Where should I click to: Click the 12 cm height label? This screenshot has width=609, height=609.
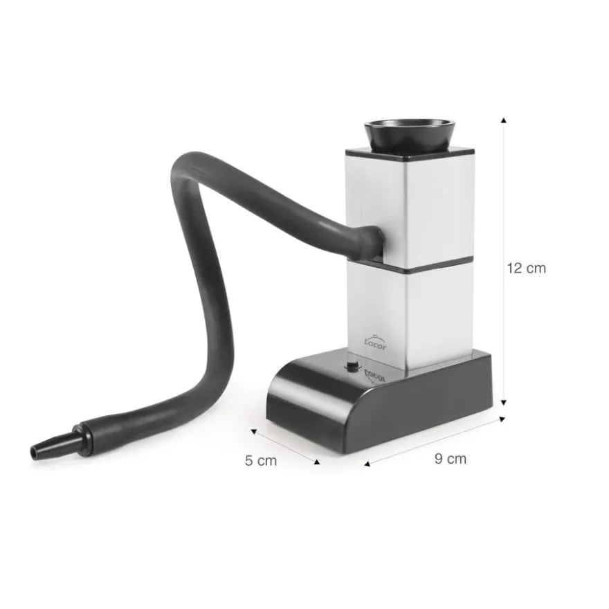pos(526,268)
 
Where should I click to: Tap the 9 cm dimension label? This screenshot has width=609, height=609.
pos(450,459)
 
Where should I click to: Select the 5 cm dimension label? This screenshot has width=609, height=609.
pos(261,461)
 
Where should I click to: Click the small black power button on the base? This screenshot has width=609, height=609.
pos(352,366)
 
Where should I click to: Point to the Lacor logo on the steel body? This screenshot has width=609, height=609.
pos(375,342)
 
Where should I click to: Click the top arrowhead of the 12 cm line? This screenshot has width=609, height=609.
pos(504,120)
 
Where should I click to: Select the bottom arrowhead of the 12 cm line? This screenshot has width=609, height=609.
pos(504,402)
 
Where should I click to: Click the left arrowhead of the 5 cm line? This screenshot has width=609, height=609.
pos(253,431)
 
